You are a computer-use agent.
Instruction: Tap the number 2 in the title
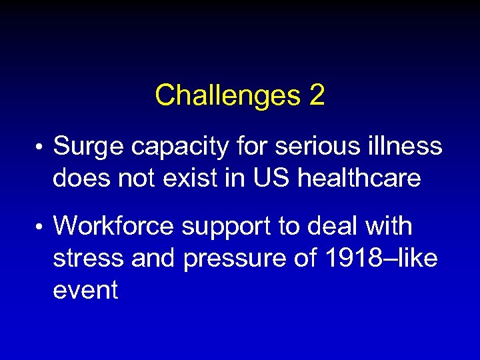(317, 96)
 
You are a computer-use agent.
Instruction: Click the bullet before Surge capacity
(41, 146)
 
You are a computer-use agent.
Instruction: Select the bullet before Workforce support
(41, 227)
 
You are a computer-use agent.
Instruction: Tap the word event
(85, 291)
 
